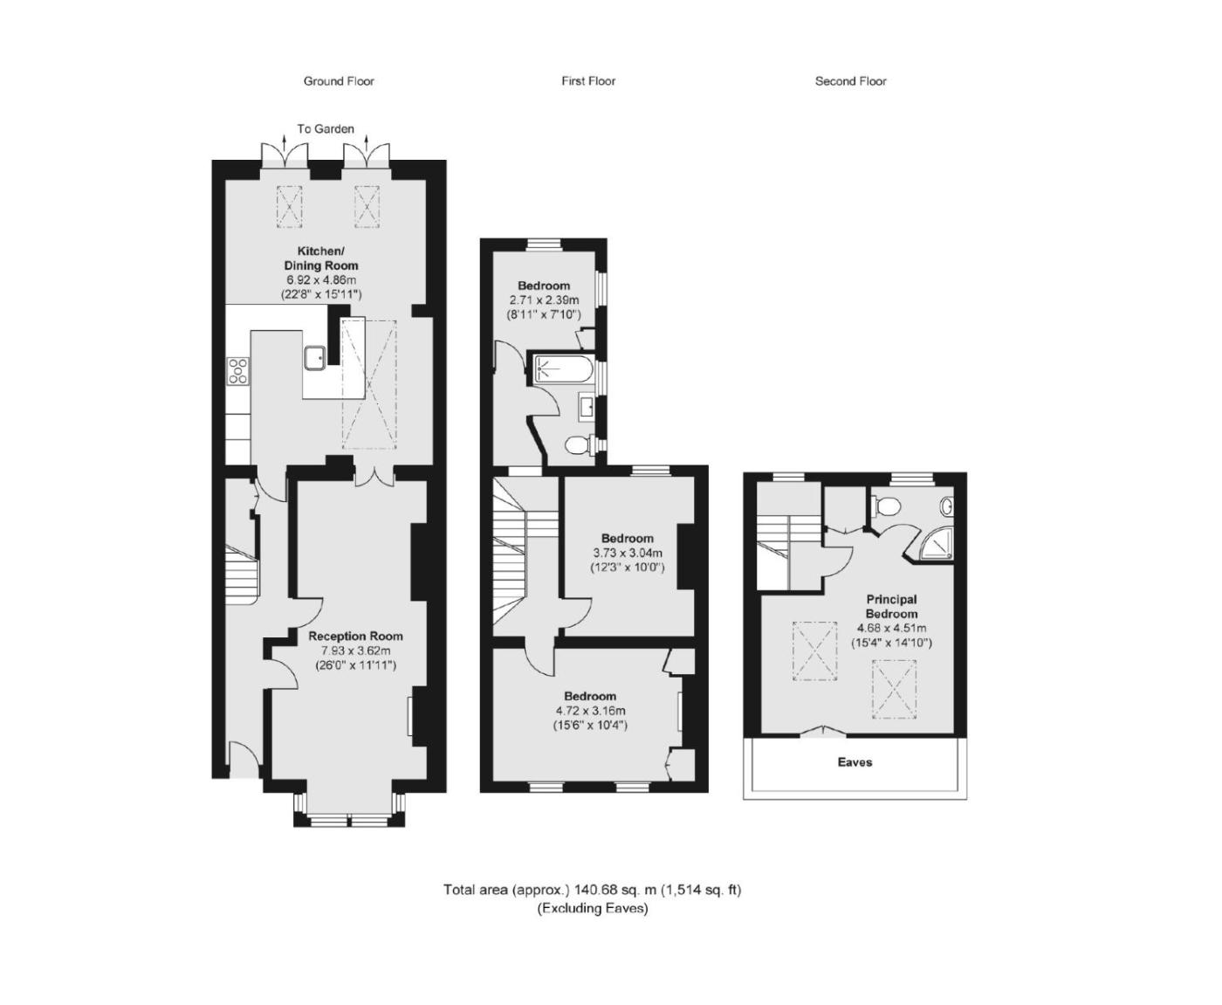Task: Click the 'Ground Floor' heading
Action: tap(339, 81)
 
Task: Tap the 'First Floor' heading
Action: tap(588, 81)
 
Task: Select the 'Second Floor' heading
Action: tap(850, 81)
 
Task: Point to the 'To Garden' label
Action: tap(326, 128)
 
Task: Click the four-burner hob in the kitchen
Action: tap(238, 371)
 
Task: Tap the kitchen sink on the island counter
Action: tap(315, 358)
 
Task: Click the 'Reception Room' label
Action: tap(355, 636)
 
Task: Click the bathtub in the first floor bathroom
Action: tap(562, 369)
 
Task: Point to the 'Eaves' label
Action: tap(855, 762)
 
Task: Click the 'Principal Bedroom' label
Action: tap(891, 606)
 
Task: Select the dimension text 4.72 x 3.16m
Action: tap(590, 711)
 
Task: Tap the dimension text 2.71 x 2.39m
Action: tap(544, 300)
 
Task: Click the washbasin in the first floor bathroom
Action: tap(587, 407)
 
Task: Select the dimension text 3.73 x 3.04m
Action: tap(627, 553)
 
